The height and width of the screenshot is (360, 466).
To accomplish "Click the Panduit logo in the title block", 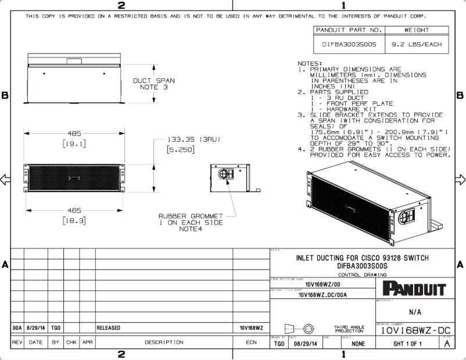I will pyautogui.click(x=414, y=289).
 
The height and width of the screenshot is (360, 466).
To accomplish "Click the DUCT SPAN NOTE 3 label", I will pyautogui.click(x=153, y=84).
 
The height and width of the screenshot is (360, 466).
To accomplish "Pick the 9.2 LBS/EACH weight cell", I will pyautogui.click(x=417, y=44).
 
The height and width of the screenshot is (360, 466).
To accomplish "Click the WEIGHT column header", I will pyautogui.click(x=417, y=29).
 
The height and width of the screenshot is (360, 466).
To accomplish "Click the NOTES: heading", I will pyautogui.click(x=309, y=63).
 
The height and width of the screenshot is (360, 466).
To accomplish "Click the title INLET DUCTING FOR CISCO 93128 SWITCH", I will pyautogui.click(x=363, y=257).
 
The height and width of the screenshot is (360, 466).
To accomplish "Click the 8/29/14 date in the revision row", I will pyautogui.click(x=36, y=328).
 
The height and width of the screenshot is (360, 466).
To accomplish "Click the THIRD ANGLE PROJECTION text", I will pyautogui.click(x=349, y=329).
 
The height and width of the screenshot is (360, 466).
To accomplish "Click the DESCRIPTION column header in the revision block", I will pyautogui.click(x=164, y=343).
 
